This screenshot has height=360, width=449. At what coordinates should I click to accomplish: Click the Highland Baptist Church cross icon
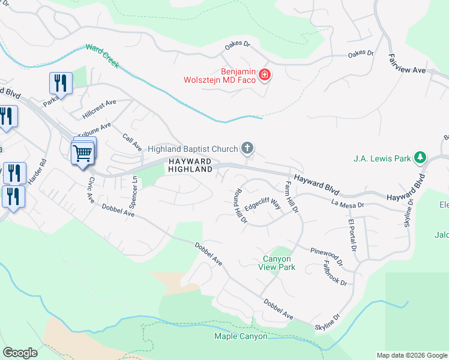pos(247,148)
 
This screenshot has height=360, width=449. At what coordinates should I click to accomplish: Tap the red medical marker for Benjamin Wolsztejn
pos(265,75)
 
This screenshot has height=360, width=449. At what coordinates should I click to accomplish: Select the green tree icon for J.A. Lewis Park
pos(421,158)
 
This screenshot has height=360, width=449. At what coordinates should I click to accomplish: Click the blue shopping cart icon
pos(82,154)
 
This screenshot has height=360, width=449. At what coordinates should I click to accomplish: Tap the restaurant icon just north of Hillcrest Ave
pos(60,82)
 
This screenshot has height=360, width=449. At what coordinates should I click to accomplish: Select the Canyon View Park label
pos(279,263)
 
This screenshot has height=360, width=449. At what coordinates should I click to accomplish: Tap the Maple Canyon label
pos(241,336)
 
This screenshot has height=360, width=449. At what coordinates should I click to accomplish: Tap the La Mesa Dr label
pos(348,205)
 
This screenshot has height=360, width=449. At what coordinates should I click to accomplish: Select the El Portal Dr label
pos(352,235)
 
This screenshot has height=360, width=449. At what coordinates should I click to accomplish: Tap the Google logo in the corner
pos(20,353)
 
